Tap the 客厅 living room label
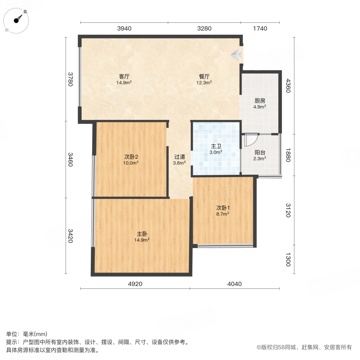pyautogui.click(x=124, y=76)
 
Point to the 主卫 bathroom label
pyautogui.click(x=216, y=146)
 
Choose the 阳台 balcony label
pyautogui.click(x=260, y=152)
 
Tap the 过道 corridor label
pyautogui.click(x=179, y=157)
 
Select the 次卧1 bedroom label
pyautogui.click(x=223, y=208)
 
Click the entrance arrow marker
pyautogui.click(x=237, y=54)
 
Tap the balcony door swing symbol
pyautogui.click(x=250, y=139)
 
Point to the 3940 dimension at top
pyautogui.click(x=124, y=28)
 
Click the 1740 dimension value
pyautogui.click(x=260, y=28)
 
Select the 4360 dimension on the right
pyautogui.click(x=287, y=86)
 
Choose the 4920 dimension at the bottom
pyautogui.click(x=135, y=284)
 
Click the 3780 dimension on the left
pyautogui.click(x=71, y=79)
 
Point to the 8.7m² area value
pyautogui.click(x=223, y=214)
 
